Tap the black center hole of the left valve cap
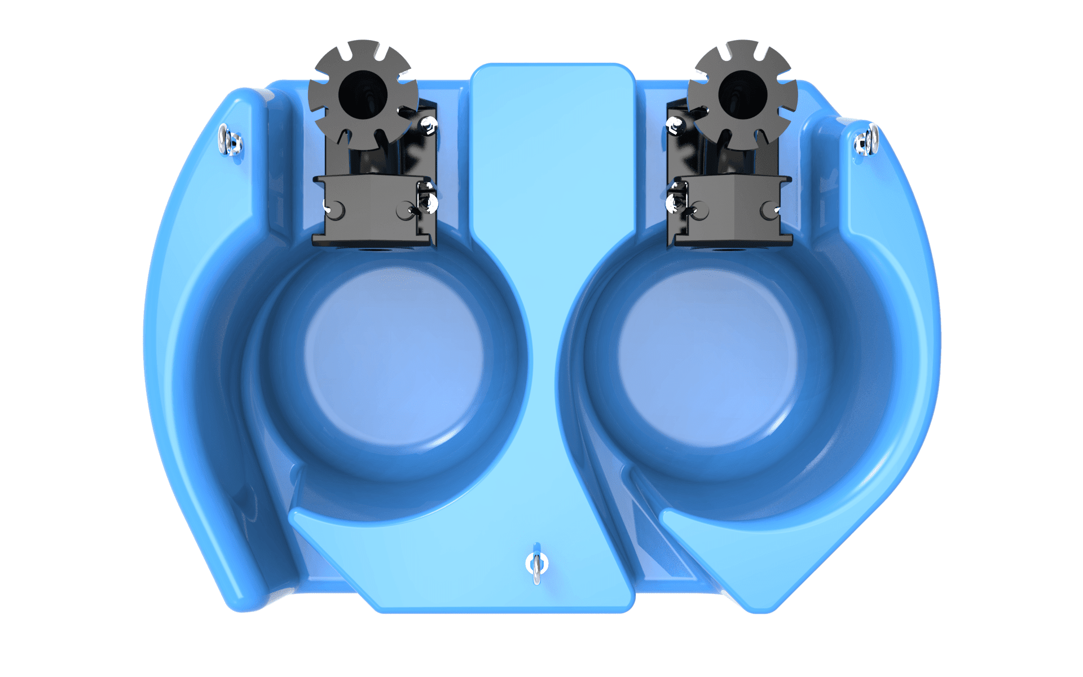(363, 94)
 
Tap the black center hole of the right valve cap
(742, 94)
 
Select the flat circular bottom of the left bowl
(394, 355)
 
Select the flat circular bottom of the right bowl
(708, 355)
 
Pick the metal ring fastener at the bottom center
(536, 564)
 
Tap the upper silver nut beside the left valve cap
(429, 125)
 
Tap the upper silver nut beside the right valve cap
(675, 126)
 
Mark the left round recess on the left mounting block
(334, 210)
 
